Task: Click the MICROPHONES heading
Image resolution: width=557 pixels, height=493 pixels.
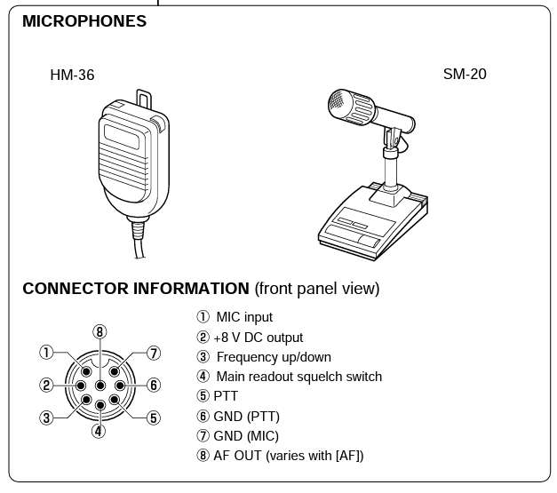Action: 84,22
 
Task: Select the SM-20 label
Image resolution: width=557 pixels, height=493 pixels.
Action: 465,75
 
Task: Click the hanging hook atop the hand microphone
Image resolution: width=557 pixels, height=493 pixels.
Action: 143,95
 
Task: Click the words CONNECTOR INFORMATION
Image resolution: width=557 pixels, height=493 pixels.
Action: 135,289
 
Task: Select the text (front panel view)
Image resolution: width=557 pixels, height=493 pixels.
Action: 317,289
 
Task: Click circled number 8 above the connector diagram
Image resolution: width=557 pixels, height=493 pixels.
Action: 99,332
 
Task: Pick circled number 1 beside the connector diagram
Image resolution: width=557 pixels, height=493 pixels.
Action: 46,353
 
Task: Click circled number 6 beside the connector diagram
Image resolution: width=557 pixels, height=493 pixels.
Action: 154,386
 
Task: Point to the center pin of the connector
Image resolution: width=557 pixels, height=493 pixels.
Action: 99,386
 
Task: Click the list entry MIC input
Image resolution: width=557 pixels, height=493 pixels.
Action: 235,317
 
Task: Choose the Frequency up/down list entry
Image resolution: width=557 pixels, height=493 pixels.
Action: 265,357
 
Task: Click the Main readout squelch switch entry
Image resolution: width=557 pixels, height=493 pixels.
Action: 290,377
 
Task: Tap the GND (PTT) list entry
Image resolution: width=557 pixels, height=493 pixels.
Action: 237,416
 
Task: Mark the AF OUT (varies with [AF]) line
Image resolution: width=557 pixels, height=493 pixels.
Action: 280,456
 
